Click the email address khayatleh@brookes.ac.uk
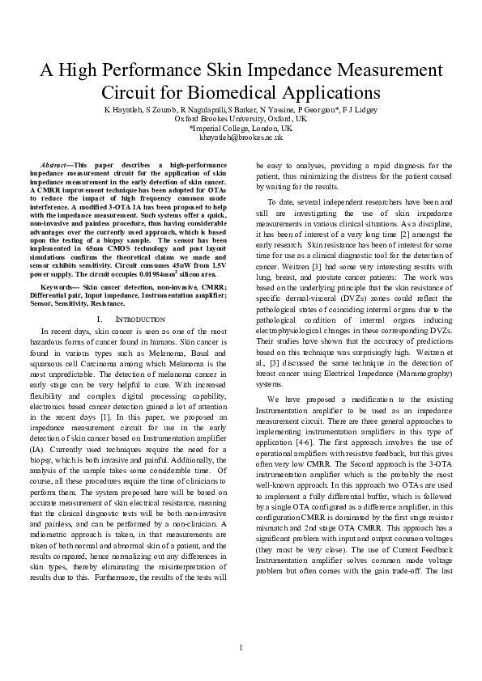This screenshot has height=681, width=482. click(x=241, y=137)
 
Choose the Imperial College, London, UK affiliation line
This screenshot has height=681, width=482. click(x=241, y=128)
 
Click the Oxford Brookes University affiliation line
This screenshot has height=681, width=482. click(x=241, y=118)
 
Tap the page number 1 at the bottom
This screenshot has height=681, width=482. click(x=241, y=647)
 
